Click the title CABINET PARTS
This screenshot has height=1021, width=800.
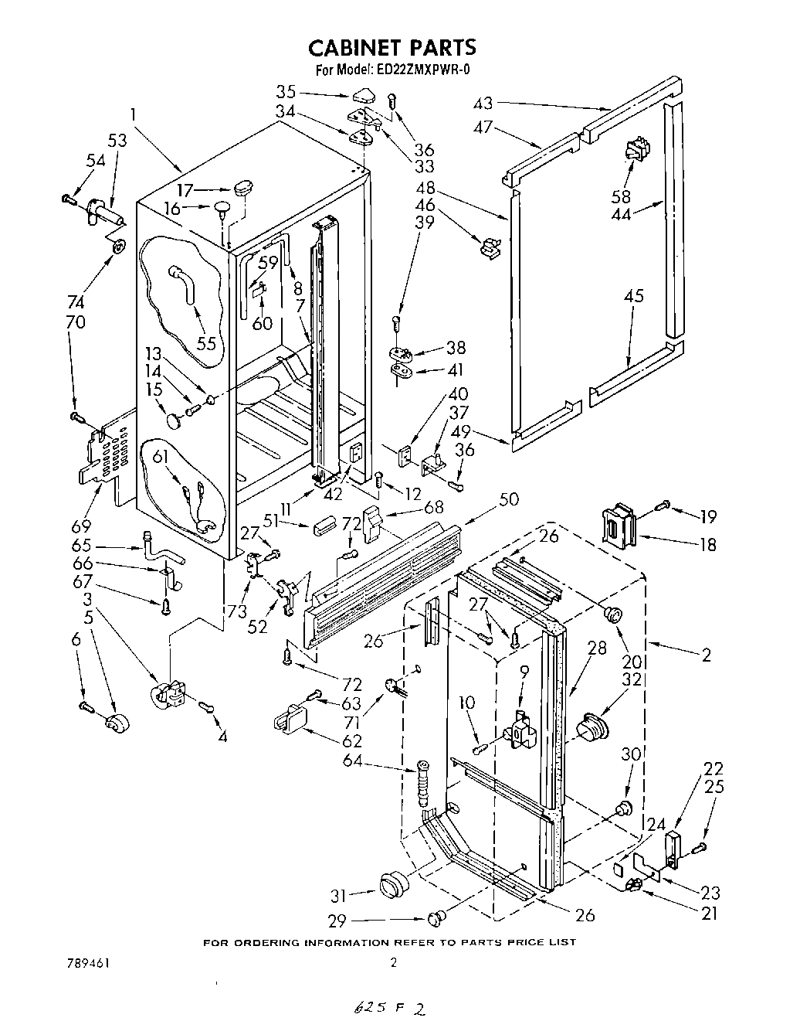coord(392,48)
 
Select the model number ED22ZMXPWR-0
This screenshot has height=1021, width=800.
coord(424,70)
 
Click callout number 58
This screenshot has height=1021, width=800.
coord(621,196)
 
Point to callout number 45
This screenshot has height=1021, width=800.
coord(634,296)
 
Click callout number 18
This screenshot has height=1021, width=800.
coord(707,544)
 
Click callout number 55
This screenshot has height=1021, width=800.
coord(206,344)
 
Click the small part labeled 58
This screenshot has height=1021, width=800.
coord(635,151)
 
